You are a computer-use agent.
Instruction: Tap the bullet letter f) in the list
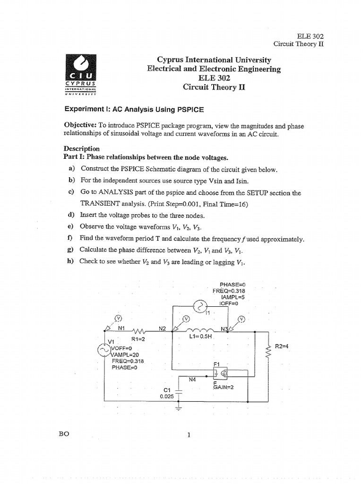[71, 239]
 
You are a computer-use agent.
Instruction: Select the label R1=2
[131, 339]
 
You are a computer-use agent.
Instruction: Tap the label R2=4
[282, 346]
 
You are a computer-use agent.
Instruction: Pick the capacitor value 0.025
[167, 397]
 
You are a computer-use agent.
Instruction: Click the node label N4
[193, 379]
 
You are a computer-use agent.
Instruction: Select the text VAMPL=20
[125, 354]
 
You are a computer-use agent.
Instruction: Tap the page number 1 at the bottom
[188, 435]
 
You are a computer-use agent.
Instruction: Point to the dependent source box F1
[220, 373]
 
